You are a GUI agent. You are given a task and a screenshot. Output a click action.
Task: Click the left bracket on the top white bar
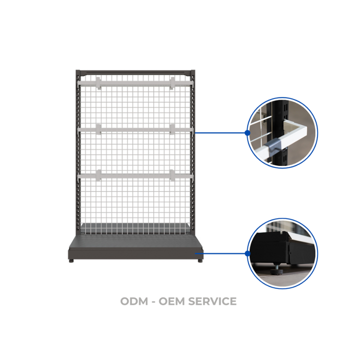pos(98,83)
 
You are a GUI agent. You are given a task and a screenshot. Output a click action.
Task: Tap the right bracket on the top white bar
pos(172,83)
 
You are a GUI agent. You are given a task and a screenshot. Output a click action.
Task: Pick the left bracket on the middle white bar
pos(98,129)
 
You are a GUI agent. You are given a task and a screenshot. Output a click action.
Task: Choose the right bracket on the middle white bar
pos(172,129)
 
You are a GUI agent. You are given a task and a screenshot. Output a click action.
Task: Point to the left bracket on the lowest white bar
pos(98,175)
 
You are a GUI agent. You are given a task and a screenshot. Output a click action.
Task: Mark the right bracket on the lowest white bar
pos(172,175)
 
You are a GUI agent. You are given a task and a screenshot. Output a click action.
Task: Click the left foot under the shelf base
pos(73,260)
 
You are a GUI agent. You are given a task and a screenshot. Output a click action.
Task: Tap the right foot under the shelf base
pos(200,260)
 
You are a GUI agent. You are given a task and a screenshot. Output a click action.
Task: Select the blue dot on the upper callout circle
pos(247,133)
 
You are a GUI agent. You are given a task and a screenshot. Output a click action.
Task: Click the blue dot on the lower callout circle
pos(247,253)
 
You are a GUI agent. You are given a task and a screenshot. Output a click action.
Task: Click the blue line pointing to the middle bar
pos(220,133)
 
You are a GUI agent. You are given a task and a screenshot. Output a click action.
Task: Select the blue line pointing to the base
pos(225,253)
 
